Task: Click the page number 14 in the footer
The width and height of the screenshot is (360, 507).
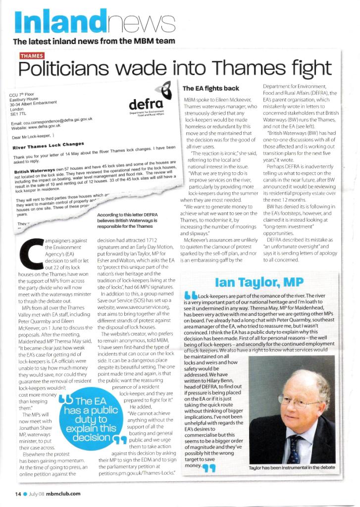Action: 17,493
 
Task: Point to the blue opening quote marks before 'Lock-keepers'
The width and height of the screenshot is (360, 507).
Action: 190,296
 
